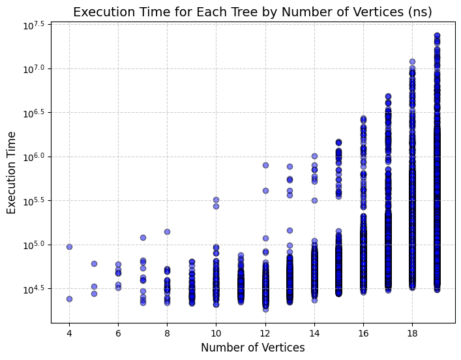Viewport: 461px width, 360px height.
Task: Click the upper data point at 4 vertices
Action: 69,247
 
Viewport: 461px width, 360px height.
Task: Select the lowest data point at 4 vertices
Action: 69,299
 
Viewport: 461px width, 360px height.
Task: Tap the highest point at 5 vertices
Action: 94,264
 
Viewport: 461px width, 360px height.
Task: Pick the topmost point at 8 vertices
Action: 168,232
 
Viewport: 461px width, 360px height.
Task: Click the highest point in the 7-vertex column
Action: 143,237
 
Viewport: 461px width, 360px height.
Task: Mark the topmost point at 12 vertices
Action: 265,165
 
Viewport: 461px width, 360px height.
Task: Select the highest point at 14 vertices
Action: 314,156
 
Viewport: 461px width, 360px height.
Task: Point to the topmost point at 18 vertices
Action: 413,62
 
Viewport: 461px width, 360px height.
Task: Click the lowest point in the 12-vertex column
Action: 265,309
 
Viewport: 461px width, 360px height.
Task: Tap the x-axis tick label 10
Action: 216,333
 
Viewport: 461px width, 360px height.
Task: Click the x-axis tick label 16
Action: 363,333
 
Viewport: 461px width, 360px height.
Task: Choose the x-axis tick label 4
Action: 69,333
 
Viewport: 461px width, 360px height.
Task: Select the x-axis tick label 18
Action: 413,333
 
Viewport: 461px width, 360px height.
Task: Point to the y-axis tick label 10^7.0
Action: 34,69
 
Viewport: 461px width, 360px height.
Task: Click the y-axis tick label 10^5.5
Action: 34,201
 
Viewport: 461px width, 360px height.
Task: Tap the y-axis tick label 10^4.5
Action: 34,289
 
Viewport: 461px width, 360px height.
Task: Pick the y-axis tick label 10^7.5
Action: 34,25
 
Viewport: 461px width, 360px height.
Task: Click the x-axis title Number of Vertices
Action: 253,348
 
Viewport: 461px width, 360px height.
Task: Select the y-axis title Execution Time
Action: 11,173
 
